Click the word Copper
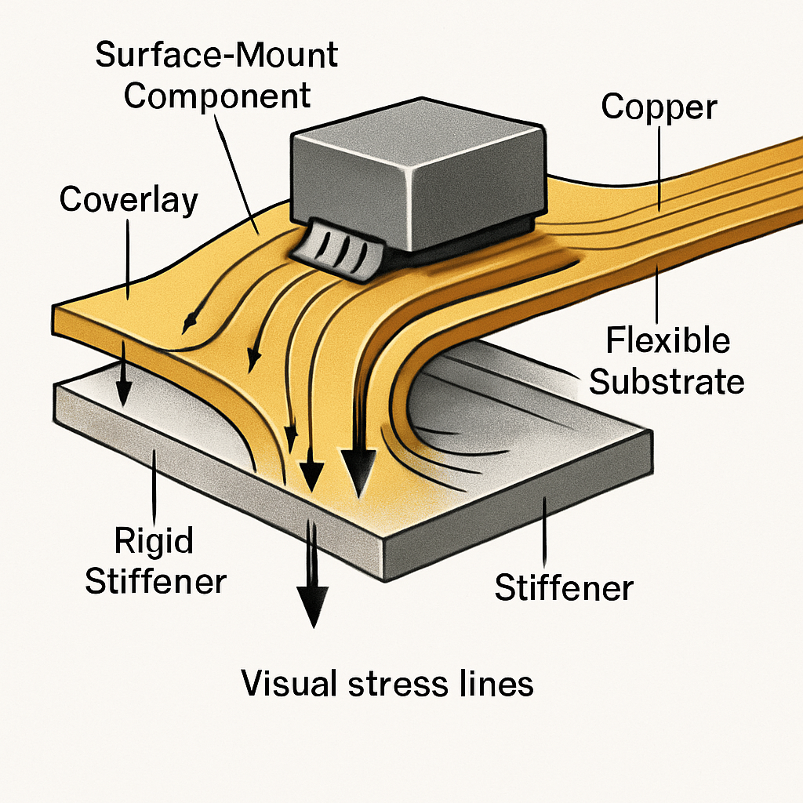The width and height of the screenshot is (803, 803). pos(659,107)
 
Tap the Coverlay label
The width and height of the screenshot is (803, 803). pos(129,200)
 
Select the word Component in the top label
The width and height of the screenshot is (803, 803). pos(217,96)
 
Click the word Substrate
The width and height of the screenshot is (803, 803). pos(667,381)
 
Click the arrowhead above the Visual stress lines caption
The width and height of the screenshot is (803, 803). pos(312,608)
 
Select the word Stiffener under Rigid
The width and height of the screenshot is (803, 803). pos(155,581)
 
